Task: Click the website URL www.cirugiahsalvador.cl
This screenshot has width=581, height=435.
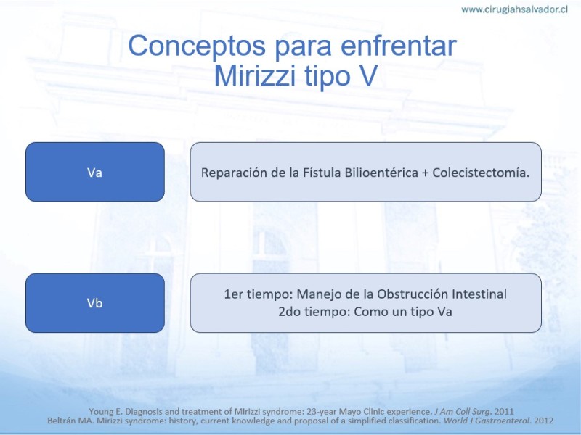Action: point(514,9)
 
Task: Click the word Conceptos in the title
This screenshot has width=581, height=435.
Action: point(197,46)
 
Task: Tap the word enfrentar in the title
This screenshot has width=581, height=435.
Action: point(398,46)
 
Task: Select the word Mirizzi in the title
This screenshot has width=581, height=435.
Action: point(255,75)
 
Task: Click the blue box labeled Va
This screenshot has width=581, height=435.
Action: point(95,172)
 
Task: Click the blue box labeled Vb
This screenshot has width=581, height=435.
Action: point(95,303)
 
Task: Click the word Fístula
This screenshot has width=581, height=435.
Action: point(322,173)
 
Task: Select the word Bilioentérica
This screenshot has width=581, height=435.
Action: point(381,173)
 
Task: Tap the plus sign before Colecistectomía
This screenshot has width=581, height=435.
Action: point(426,173)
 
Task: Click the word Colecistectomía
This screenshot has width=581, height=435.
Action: point(481,173)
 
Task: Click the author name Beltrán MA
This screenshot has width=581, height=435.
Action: point(73,420)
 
